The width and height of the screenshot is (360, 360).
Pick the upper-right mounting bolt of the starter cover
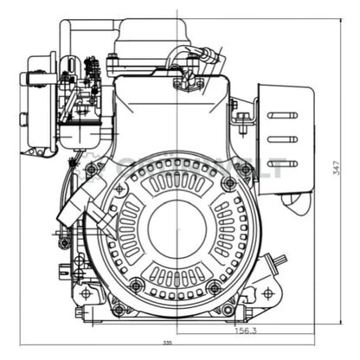click(x=228, y=183)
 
